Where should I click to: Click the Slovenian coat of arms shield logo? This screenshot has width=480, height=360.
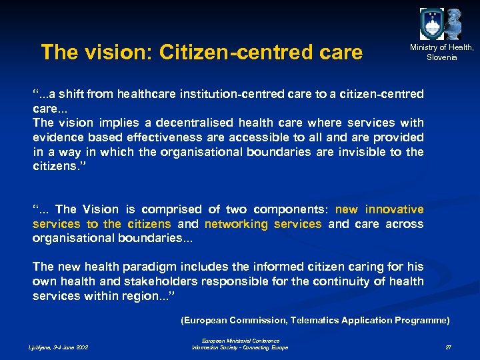pos(431,25)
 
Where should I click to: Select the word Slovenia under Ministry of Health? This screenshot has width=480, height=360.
pos(442,57)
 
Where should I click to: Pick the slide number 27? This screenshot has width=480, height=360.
pos(448,347)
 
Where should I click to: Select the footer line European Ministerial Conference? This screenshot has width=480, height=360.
pos(240,341)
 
